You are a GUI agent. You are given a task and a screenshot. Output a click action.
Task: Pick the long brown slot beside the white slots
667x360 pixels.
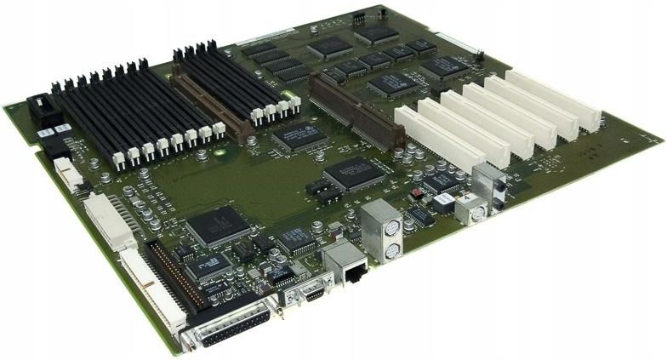coord(356,111)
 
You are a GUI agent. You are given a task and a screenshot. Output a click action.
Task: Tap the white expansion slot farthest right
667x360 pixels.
coord(552,99)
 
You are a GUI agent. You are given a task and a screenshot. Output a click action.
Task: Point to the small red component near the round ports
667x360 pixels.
coord(416,193)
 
